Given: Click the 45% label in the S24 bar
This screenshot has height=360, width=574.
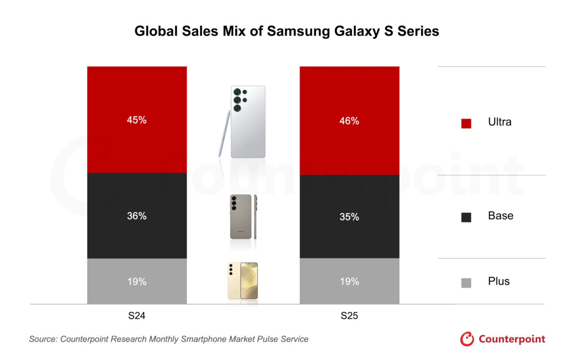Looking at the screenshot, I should (137, 120).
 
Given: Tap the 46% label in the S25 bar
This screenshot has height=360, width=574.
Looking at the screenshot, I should (349, 121).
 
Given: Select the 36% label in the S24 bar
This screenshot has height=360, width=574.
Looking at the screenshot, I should (137, 216).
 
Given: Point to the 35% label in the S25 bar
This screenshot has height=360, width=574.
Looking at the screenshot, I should (349, 217).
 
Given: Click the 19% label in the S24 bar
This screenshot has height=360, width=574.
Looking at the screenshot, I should (137, 282).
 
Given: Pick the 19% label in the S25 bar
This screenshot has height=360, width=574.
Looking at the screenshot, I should (349, 282).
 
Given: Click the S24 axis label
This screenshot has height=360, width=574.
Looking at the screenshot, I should (137, 316).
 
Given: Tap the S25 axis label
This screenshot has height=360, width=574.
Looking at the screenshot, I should (349, 316).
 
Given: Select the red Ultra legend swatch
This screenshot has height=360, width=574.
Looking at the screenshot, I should (466, 123).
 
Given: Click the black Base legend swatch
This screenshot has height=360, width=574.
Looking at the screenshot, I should (466, 217).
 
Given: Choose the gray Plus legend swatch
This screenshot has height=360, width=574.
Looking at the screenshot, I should (466, 283).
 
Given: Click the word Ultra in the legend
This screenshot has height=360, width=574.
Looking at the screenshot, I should (499, 122).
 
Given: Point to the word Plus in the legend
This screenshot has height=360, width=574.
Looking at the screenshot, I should (499, 281).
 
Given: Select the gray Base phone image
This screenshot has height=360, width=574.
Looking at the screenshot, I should (241, 216).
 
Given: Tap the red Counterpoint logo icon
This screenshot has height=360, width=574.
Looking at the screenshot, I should (467, 339).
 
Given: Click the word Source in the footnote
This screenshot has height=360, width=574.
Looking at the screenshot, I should (43, 339).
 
